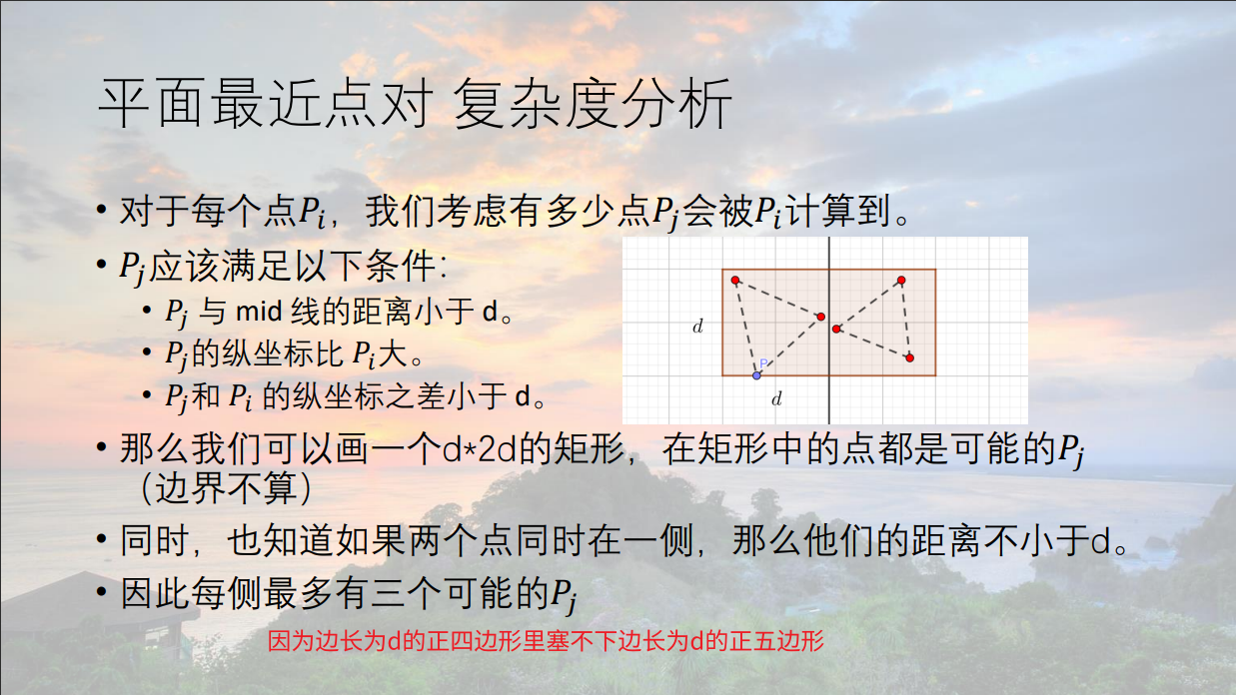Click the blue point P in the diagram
pyautogui.click(x=756, y=375)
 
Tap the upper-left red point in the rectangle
pyautogui.click(x=735, y=281)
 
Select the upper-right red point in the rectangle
pyautogui.click(x=901, y=281)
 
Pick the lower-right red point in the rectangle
pyautogui.click(x=910, y=357)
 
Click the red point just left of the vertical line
pyautogui.click(x=821, y=317)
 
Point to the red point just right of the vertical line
pyautogui.click(x=836, y=329)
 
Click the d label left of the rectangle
pyautogui.click(x=698, y=326)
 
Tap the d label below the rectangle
pyautogui.click(x=777, y=397)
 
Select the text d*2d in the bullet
pyautogui.click(x=479, y=449)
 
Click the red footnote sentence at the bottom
pyautogui.click(x=546, y=641)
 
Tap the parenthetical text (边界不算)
pyautogui.click(x=226, y=488)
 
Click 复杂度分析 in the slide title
pyautogui.click(x=593, y=103)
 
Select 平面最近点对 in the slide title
pyautogui.click(x=264, y=103)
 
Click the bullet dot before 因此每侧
pyautogui.click(x=101, y=592)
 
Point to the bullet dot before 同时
pyautogui.click(x=101, y=538)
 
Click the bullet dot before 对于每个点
pyautogui.click(x=101, y=210)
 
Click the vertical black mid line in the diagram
pyautogui.click(x=828, y=331)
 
